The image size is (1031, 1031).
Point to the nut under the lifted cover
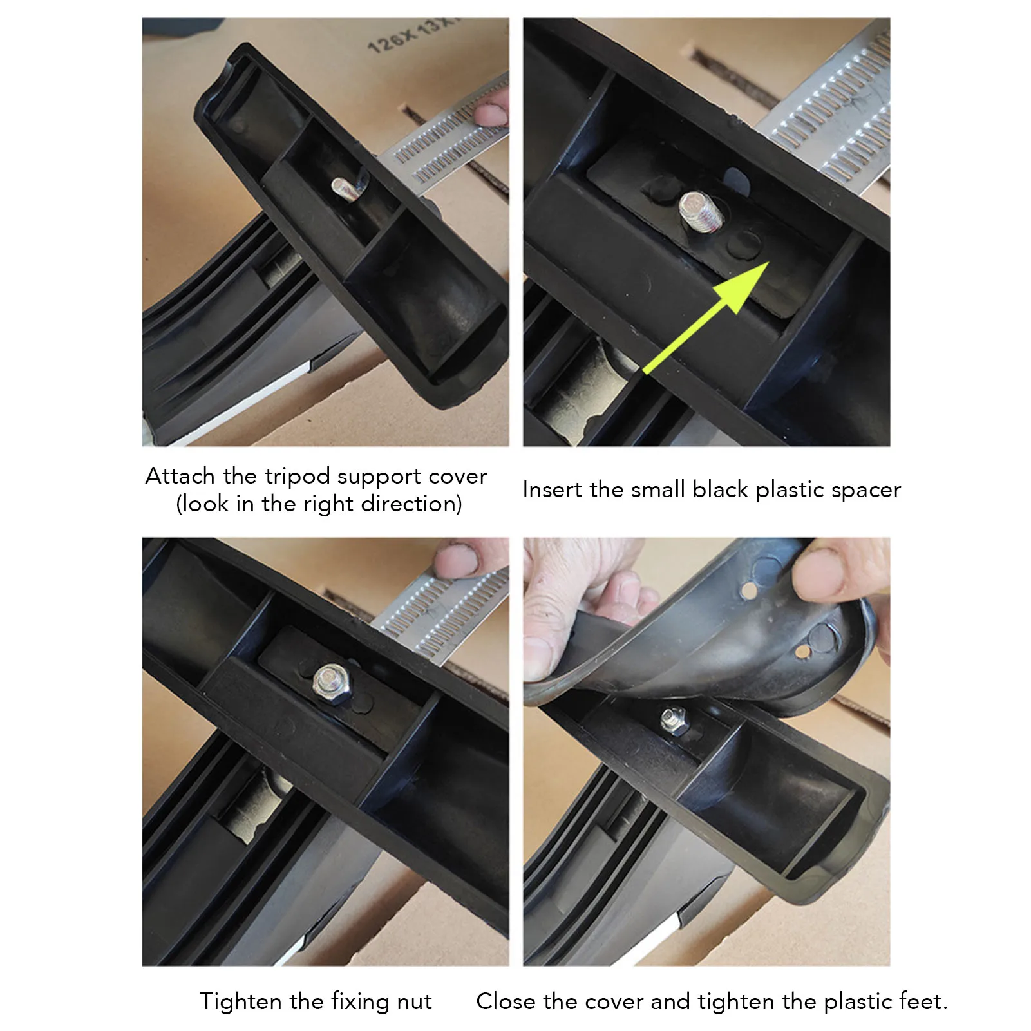coord(673,719)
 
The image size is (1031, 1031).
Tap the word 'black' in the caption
coord(720,489)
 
